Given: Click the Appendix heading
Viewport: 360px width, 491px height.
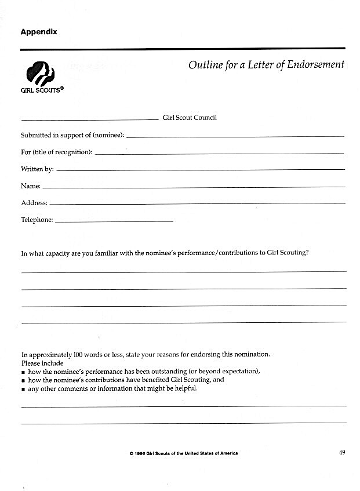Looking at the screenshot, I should pos(39,32).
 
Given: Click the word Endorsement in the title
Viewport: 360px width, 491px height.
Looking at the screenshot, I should pos(312,65).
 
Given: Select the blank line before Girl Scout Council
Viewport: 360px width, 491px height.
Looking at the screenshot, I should pos(90,119).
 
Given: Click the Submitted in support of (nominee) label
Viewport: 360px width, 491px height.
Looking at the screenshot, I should pos(72,135).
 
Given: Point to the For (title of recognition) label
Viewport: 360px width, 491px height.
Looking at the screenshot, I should pos(56,152).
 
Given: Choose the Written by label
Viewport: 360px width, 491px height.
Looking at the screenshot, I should pos(37,169).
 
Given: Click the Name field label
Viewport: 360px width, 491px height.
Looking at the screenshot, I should pos(30,186).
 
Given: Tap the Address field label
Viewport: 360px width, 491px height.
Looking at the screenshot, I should pos(34,203).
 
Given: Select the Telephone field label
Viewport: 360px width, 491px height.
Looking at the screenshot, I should pos(37,220).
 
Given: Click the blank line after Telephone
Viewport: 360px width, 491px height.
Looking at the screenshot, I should pos(114,222).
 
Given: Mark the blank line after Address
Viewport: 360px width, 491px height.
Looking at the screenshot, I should pos(197,203).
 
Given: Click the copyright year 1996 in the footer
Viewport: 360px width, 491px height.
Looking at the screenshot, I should pos(143,453).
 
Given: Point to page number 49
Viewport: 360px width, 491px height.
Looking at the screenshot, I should pos(341,453).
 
